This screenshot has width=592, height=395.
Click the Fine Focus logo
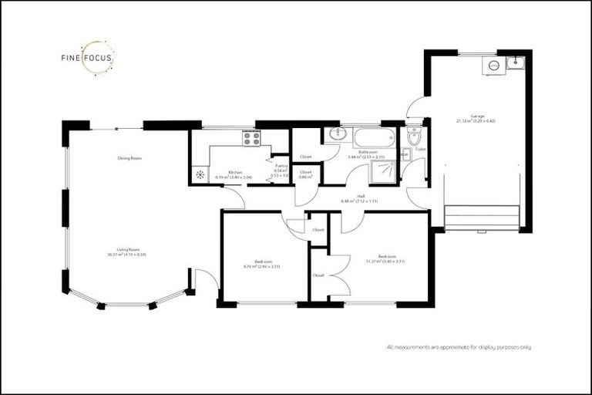click(88, 58)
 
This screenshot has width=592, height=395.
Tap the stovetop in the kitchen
click(251, 138)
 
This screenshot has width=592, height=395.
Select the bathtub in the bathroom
click(372, 138)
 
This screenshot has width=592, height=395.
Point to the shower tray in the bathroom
click(382, 174)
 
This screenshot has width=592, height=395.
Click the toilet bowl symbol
click(414, 139)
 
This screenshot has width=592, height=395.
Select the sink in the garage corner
click(515, 63)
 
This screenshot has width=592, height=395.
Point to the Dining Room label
click(129, 158)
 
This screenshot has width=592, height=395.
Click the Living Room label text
click(127, 250)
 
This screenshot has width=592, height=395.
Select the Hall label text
click(360, 196)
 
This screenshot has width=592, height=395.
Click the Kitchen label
click(235, 172)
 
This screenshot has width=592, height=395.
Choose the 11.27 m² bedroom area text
click(387, 261)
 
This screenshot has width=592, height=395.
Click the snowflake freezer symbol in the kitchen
click(200, 175)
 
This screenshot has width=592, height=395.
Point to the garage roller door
click(482, 218)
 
